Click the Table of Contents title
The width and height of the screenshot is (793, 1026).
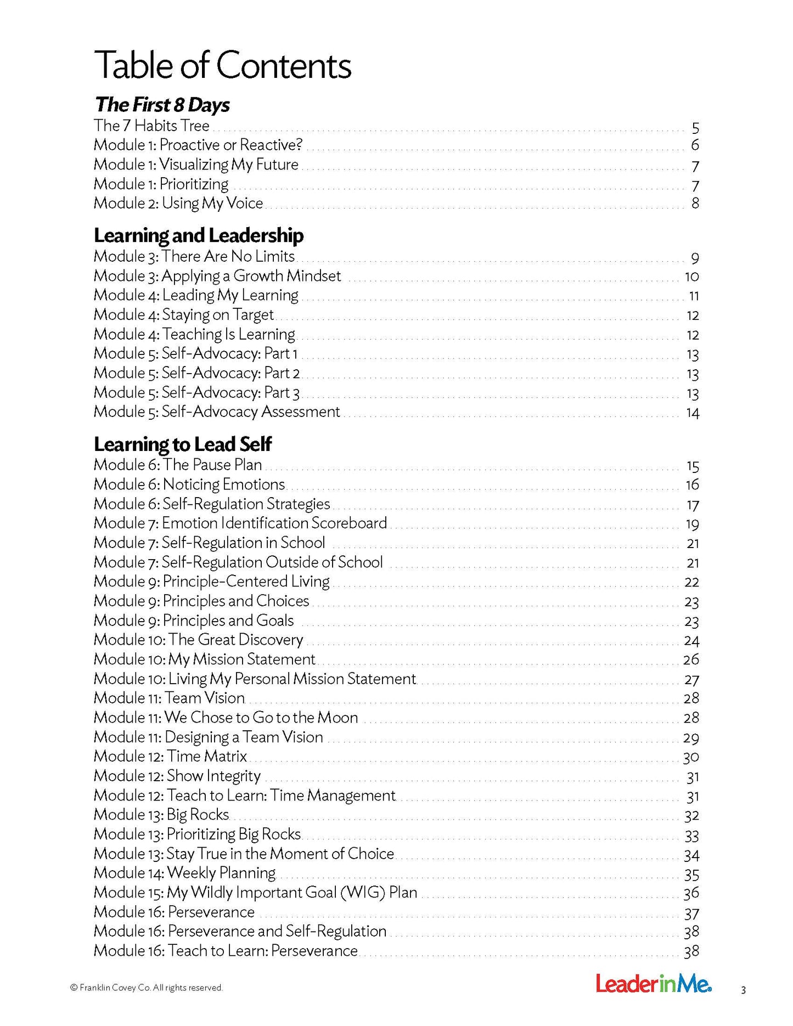[x=222, y=65]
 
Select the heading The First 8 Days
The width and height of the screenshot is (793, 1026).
[x=162, y=104]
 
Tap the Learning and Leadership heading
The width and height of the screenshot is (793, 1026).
[x=198, y=235]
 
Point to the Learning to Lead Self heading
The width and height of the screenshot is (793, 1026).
[x=182, y=444]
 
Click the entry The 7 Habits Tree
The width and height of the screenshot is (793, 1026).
[x=151, y=126]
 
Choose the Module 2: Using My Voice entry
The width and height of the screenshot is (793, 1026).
[x=178, y=203]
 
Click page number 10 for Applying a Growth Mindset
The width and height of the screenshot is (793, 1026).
[x=691, y=277]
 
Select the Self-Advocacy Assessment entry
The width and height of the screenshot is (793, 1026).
[x=217, y=411]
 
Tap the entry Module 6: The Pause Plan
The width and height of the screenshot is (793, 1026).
[x=178, y=465]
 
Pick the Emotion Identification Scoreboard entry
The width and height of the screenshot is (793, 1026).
[x=240, y=523]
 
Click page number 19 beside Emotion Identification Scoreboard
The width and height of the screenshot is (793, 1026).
[x=692, y=525]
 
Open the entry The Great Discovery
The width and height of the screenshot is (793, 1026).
[x=198, y=639]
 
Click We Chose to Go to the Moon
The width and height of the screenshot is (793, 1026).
[x=226, y=717]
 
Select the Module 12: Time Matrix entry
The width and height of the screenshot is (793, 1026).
[x=170, y=756]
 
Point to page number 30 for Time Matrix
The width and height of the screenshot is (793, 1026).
[x=691, y=758]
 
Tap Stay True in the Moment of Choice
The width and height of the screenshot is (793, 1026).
[x=244, y=853]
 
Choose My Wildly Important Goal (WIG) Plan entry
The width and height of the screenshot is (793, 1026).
[x=255, y=892]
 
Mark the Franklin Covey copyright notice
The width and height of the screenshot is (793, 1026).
[x=147, y=988]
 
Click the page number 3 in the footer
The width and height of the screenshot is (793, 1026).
[x=743, y=990]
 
